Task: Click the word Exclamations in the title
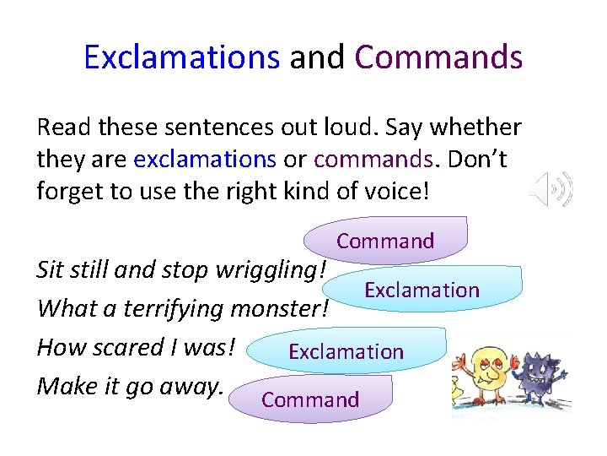181,57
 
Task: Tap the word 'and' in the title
317,57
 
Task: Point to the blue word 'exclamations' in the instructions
205,159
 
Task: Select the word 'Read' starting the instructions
64,128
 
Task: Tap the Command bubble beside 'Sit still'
385,241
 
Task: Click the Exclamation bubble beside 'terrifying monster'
422,290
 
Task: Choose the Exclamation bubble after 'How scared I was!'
346,352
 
